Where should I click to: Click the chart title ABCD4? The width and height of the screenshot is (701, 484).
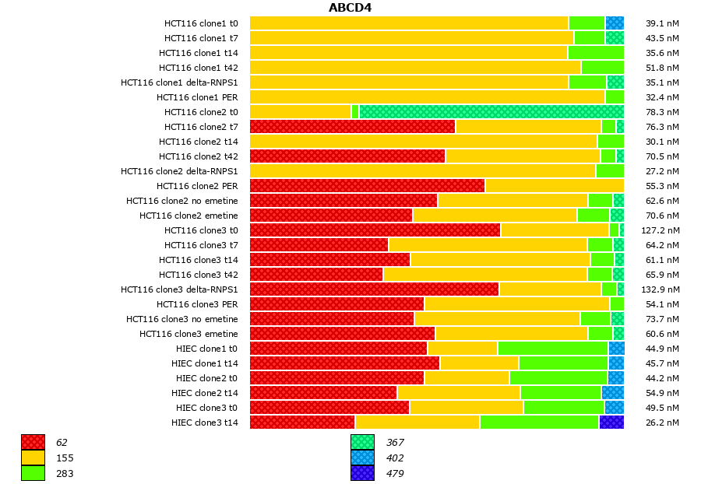350,8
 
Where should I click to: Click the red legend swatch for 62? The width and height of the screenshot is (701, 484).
33,443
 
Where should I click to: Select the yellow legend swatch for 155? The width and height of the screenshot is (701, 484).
33,458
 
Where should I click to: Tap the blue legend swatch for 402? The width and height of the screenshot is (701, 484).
362,458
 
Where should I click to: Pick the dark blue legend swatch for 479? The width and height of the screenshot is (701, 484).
362,473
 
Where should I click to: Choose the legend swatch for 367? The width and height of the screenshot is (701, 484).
362,443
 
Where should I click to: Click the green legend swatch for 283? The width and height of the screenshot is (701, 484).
33,473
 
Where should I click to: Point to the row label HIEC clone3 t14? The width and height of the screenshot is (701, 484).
204,423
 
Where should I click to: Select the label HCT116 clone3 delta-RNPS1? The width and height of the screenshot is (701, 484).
179,289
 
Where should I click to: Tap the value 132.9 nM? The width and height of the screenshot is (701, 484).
661,289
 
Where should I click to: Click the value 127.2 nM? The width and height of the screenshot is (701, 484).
661,230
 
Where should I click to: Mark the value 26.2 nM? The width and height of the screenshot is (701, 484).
662,423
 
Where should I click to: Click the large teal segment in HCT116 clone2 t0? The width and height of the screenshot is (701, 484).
491,112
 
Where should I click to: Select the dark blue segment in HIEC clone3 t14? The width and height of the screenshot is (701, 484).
611,423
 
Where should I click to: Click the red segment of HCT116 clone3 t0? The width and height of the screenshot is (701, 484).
375,230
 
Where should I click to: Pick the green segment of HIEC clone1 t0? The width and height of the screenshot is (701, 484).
553,349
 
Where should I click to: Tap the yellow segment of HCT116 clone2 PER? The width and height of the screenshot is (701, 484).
554,186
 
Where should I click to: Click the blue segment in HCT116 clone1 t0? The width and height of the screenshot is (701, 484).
615,23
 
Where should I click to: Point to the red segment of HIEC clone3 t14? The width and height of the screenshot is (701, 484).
302,423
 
